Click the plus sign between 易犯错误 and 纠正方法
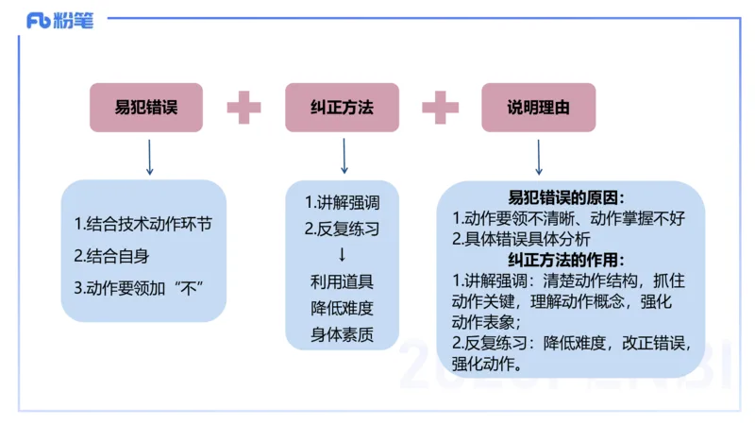coord(243,108)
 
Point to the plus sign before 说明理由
coord(440,108)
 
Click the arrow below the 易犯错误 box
coord(149,157)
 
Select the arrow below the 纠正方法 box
coord(344,157)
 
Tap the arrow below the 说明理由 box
coord(538,157)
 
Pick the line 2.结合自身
coord(111,255)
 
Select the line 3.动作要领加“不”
coord(139,286)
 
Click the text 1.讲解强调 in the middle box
coord(342,202)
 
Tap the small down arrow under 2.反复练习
coord(342,255)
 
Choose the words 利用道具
coord(342,280)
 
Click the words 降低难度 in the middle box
coord(342,307)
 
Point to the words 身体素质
coord(342,333)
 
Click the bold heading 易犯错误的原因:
coord(566,197)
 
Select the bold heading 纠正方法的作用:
coord(566,258)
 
